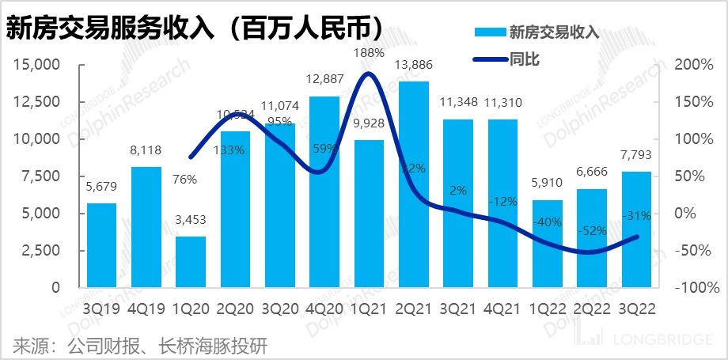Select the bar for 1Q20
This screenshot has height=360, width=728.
tap(190, 261)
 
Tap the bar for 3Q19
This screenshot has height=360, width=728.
tap(100, 244)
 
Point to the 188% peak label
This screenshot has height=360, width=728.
tap(368, 53)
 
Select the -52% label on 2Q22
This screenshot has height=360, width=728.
tap(592, 230)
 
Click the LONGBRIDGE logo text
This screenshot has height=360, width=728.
tap(665, 341)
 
